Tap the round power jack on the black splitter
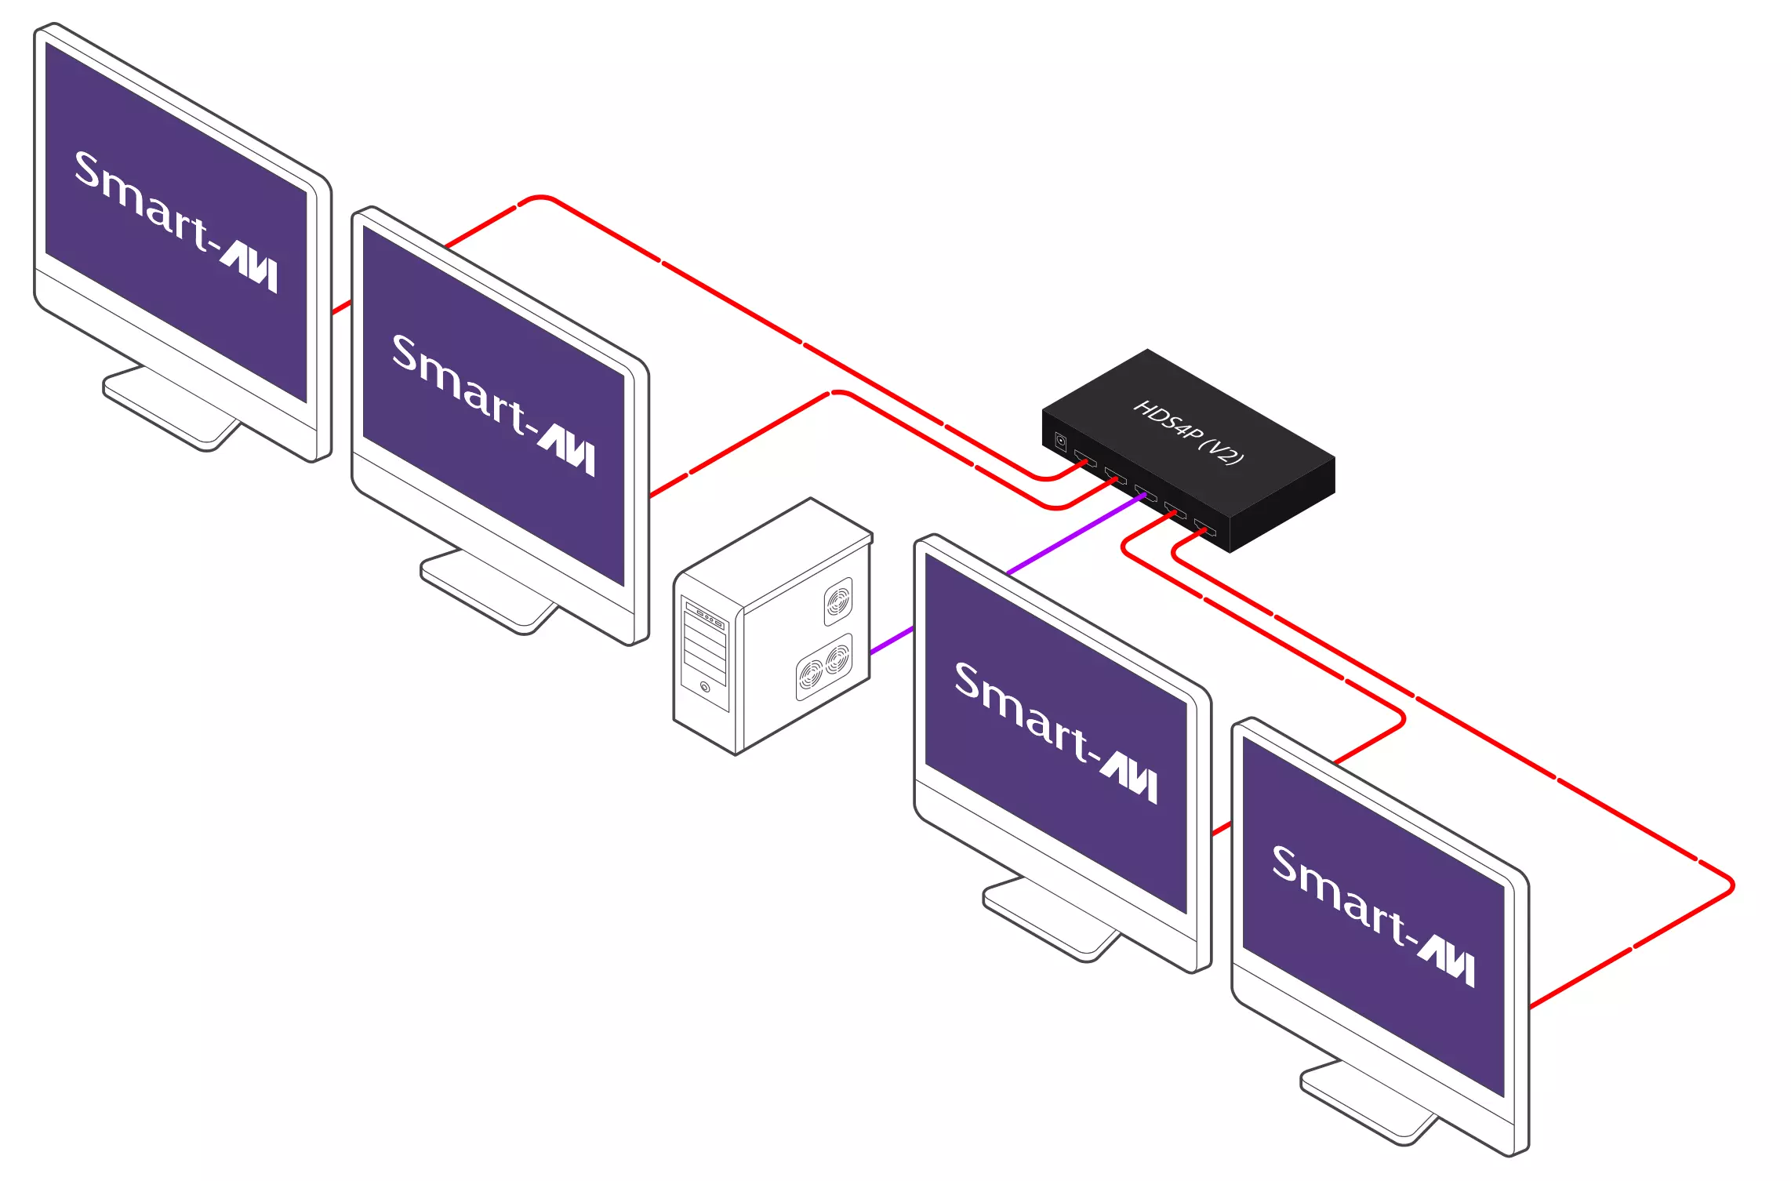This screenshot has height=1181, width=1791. point(1060,442)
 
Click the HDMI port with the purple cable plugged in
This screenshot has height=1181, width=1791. point(1144,494)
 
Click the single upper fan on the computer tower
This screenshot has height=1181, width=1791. point(837,601)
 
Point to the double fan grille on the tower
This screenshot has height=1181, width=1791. point(824,666)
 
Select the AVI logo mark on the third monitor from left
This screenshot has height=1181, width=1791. point(1128,776)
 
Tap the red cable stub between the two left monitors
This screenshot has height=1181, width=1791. point(341,307)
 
